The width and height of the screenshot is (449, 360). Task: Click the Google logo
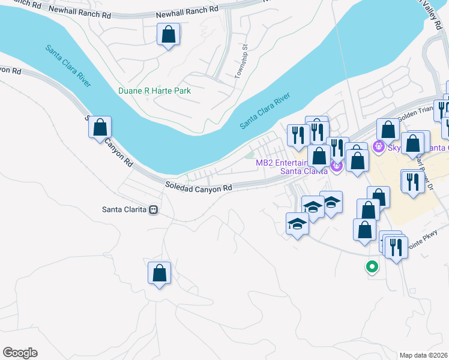pos(20,353)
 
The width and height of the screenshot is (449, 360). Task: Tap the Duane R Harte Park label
pos(154,91)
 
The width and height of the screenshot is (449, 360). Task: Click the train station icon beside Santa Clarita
pos(154,210)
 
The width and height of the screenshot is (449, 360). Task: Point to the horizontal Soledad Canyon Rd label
pos(199,188)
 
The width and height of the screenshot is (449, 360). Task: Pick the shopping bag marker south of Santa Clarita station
pos(159,273)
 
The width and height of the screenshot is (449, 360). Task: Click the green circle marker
pos(372,267)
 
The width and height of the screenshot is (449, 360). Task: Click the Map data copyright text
pos(424,355)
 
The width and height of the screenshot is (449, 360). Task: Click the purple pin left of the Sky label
pos(379,146)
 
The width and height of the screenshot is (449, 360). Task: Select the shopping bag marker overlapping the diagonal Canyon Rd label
pos(100,127)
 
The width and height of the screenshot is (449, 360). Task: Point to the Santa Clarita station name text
pos(124,209)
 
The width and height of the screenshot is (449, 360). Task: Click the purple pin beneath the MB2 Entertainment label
pos(336,166)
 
